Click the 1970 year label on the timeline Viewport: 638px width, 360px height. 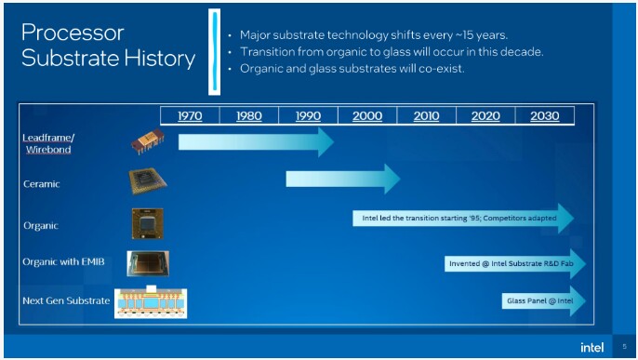pyautogui.click(x=189, y=116)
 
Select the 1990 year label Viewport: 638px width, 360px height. pyautogui.click(x=308, y=116)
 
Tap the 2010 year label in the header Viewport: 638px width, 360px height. pyautogui.click(x=426, y=116)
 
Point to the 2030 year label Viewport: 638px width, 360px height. pyautogui.click(x=544, y=116)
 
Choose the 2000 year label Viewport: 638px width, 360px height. pyautogui.click(x=366, y=116)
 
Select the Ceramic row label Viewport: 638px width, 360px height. pyautogui.click(x=41, y=184)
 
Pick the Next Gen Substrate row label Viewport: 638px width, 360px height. pyautogui.click(x=64, y=301)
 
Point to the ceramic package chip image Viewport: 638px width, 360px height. pyautogui.click(x=147, y=181)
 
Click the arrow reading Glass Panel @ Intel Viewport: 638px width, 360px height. pyautogui.click(x=543, y=301)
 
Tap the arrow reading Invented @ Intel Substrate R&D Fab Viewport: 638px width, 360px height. pyautogui.click(x=515, y=264)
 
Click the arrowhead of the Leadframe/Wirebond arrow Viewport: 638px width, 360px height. pyautogui.click(x=325, y=141)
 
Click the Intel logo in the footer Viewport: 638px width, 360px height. pyautogui.click(x=591, y=347)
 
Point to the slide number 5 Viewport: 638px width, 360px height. pyautogui.click(x=625, y=347)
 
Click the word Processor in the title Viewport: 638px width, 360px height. pyautogui.click(x=73, y=33)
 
